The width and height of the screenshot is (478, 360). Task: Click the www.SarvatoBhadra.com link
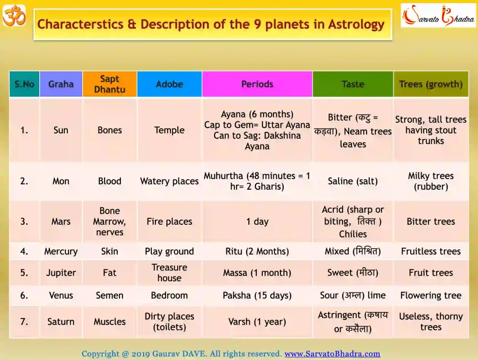[332, 354]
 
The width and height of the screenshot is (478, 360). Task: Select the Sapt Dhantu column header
[110, 84]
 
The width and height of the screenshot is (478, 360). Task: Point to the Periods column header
[257, 84]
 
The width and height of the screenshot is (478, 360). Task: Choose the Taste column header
[353, 84]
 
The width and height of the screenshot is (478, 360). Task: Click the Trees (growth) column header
[431, 84]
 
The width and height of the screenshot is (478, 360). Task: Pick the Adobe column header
[169, 84]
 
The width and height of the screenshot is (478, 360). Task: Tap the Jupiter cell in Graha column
[61, 273]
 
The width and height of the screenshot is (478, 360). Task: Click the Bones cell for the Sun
[110, 130]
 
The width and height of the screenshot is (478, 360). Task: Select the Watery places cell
[169, 181]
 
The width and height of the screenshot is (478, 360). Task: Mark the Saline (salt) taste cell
[353, 181]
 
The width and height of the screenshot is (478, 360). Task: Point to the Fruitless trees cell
[431, 251]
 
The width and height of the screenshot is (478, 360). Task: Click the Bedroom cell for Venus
[169, 295]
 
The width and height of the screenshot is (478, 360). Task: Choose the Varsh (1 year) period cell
[257, 322]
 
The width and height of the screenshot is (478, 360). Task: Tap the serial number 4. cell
[24, 251]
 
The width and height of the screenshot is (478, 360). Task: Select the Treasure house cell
[169, 273]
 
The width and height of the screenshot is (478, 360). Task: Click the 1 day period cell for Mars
[257, 222]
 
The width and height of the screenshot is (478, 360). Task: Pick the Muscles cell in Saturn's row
[110, 322]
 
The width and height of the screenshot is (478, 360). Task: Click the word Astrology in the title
[355, 24]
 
